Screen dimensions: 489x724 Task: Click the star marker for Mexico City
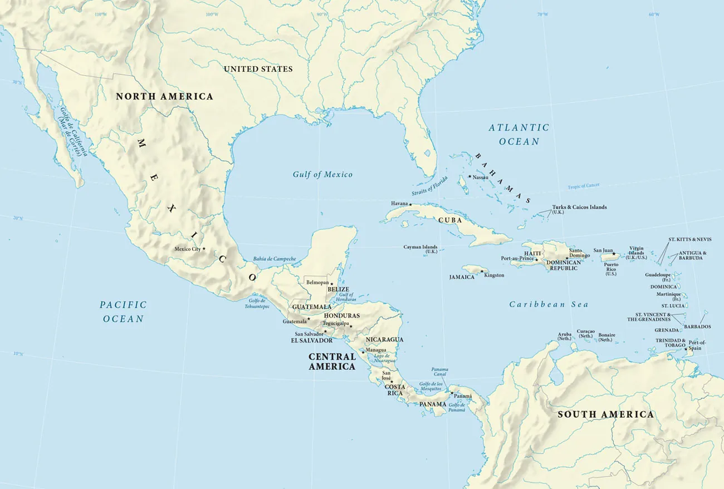click(204, 249)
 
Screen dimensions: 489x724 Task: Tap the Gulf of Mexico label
click(322, 175)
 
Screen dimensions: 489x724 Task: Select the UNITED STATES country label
click(258, 69)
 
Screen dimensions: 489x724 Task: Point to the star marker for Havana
click(410, 205)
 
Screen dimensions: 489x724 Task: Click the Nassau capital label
click(480, 177)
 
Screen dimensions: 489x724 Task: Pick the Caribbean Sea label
click(549, 304)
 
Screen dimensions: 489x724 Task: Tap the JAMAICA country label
click(462, 276)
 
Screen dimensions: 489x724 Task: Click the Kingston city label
click(494, 275)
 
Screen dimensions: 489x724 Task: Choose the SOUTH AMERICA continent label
click(605, 414)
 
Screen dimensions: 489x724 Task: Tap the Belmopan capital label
click(317, 283)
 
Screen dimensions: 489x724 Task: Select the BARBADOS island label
click(697, 327)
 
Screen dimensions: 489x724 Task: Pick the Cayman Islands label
click(420, 249)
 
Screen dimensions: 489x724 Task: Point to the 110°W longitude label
click(100, 14)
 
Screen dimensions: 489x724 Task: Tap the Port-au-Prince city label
click(517, 259)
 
